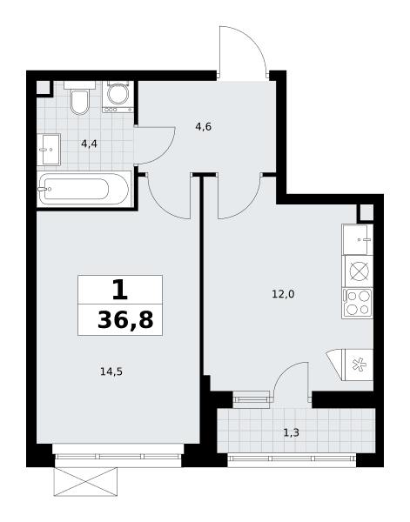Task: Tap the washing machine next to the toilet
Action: coord(118,97)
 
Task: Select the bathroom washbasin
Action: coord(49,150)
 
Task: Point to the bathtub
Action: coord(84,189)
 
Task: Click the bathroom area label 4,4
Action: coord(90,144)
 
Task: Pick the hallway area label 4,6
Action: coord(204,127)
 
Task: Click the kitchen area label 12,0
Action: coord(283,294)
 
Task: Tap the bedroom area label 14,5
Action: coord(111,371)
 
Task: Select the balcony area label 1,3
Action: coord(291,432)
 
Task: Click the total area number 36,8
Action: coord(125,320)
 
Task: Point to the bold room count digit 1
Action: coord(120,290)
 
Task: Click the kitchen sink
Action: coord(357,239)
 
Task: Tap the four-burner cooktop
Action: coord(358,304)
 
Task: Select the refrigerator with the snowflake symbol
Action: coord(350,365)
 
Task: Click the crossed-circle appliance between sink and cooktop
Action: coord(359,271)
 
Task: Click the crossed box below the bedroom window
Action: coord(85,482)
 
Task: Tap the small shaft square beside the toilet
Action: coord(43,88)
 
